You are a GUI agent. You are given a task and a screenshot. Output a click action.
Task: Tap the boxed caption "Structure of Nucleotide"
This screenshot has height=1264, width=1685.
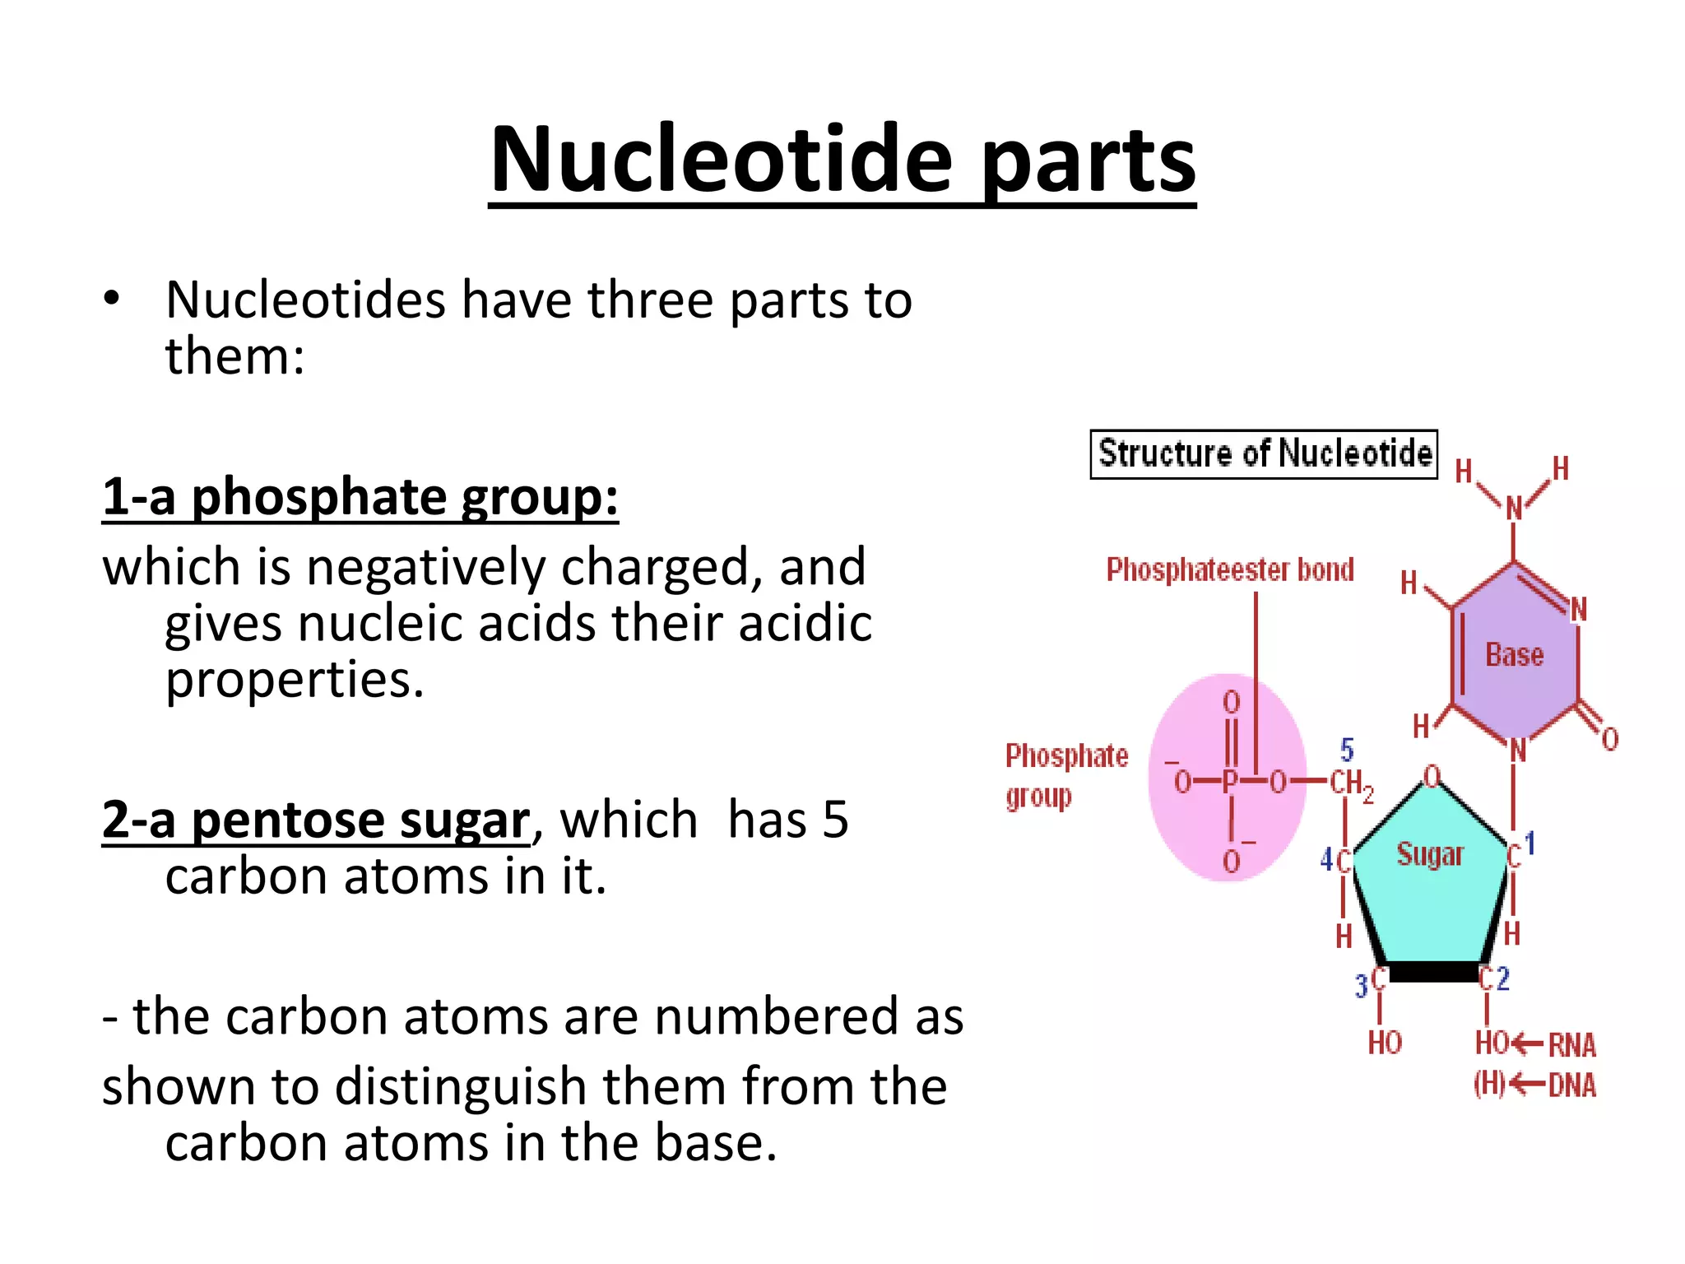[1264, 453]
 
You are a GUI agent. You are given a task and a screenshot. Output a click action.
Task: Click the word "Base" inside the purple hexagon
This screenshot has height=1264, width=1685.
[1514, 655]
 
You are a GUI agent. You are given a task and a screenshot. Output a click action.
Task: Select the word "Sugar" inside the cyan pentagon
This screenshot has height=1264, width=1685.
[1430, 855]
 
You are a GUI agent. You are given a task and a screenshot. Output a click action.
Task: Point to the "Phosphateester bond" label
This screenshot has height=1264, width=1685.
[1229, 569]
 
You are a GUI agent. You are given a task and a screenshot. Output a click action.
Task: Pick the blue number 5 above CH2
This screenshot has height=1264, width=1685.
[1347, 750]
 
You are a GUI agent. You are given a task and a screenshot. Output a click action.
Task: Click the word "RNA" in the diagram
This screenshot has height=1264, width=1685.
[1572, 1045]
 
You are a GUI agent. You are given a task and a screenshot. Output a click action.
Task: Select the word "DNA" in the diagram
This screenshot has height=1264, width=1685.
[1572, 1085]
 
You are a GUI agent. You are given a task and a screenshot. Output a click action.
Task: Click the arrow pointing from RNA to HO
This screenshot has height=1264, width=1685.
[1528, 1044]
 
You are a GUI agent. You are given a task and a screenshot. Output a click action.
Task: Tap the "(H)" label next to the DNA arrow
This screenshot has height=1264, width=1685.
[1489, 1085]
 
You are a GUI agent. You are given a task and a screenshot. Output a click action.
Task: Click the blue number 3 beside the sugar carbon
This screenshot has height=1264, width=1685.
[1362, 985]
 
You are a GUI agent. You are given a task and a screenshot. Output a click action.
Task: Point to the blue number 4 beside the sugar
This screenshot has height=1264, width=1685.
[1326, 860]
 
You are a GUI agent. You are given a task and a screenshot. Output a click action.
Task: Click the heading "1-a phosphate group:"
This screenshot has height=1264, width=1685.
[360, 497]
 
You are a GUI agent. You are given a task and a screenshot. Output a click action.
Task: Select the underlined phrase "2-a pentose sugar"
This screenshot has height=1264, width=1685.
[317, 820]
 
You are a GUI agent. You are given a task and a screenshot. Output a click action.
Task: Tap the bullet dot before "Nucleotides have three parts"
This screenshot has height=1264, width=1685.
[113, 299]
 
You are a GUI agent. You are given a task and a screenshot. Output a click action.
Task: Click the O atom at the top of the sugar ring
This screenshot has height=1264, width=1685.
[1432, 776]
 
